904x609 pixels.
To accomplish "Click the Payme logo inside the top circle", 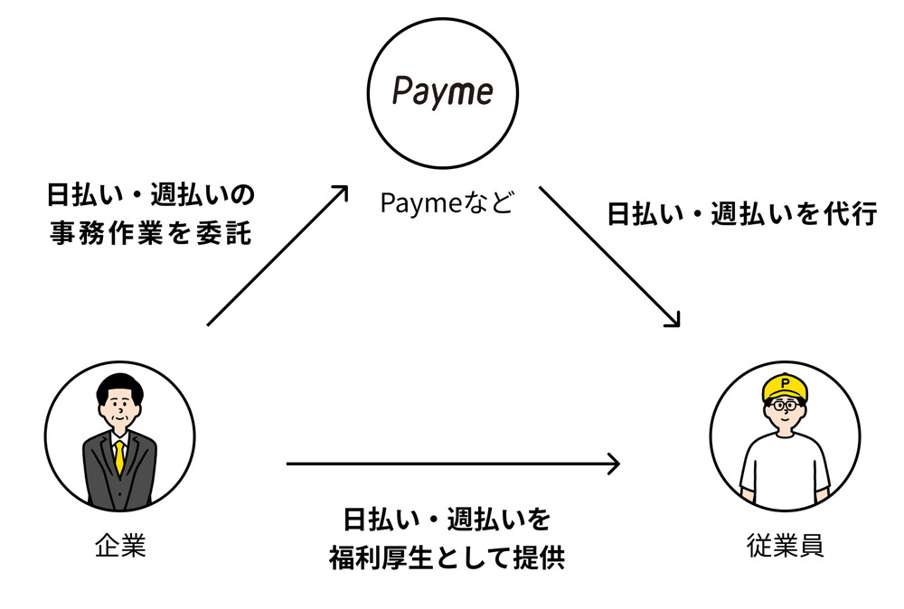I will click(x=442, y=92).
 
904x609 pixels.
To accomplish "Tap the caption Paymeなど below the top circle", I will click(x=446, y=203).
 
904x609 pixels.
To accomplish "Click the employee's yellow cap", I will click(x=785, y=388).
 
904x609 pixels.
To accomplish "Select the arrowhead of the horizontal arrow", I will click(x=614, y=464).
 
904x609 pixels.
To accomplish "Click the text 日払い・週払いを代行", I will click(x=741, y=215).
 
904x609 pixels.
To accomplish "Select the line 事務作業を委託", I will click(x=150, y=233).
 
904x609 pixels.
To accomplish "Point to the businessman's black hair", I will click(x=119, y=388).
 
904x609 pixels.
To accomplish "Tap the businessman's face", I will click(x=119, y=412).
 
